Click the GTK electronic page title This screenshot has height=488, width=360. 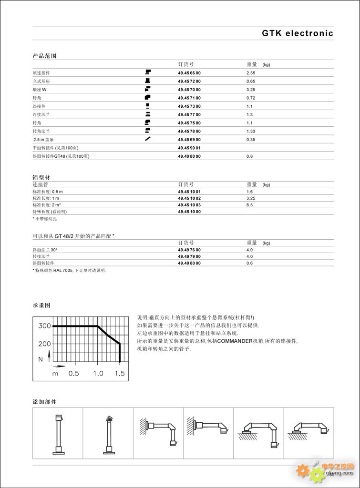297,33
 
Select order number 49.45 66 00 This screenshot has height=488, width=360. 189,73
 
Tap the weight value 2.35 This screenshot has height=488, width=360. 251,73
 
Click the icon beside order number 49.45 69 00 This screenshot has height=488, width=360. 148,139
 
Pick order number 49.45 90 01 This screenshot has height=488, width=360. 189,148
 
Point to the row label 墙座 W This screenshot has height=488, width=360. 40,90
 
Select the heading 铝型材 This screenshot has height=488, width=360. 41,177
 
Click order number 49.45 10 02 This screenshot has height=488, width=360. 189,198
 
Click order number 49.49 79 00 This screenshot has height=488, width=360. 189,256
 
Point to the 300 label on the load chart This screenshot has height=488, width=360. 44,326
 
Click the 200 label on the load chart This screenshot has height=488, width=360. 44,344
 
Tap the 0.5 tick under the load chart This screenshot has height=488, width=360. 73,373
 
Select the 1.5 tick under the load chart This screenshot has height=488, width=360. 119,373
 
